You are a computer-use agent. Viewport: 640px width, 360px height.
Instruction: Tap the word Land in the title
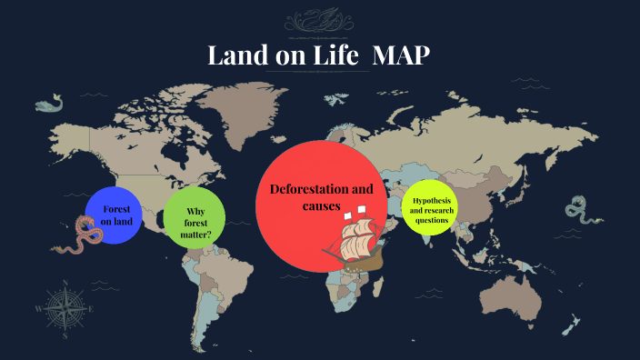(237, 55)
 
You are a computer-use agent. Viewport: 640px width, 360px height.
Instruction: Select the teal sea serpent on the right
(578, 211)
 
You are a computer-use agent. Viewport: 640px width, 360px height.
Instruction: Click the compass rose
(64, 309)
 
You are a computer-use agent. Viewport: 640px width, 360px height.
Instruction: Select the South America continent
(214, 282)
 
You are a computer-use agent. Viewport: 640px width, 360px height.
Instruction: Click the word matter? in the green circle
(195, 235)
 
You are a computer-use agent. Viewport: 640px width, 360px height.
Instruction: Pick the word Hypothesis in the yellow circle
(432, 199)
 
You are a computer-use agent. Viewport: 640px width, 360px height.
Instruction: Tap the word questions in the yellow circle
(432, 219)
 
